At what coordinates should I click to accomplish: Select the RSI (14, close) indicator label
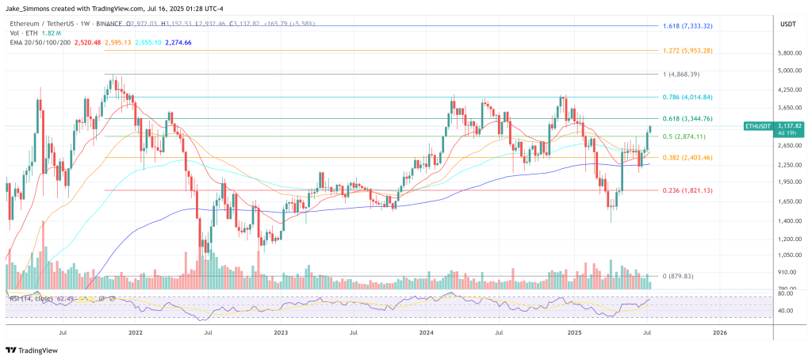point(30,298)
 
